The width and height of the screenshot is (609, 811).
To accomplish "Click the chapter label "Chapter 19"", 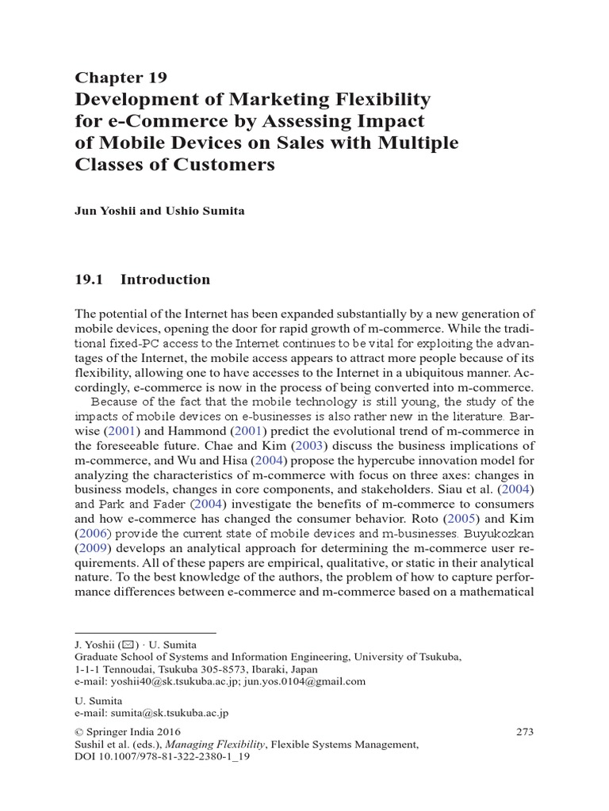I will click(121, 77).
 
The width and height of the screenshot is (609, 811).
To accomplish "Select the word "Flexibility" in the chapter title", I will click(379, 99).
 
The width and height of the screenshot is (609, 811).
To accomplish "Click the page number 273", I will click(524, 732).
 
